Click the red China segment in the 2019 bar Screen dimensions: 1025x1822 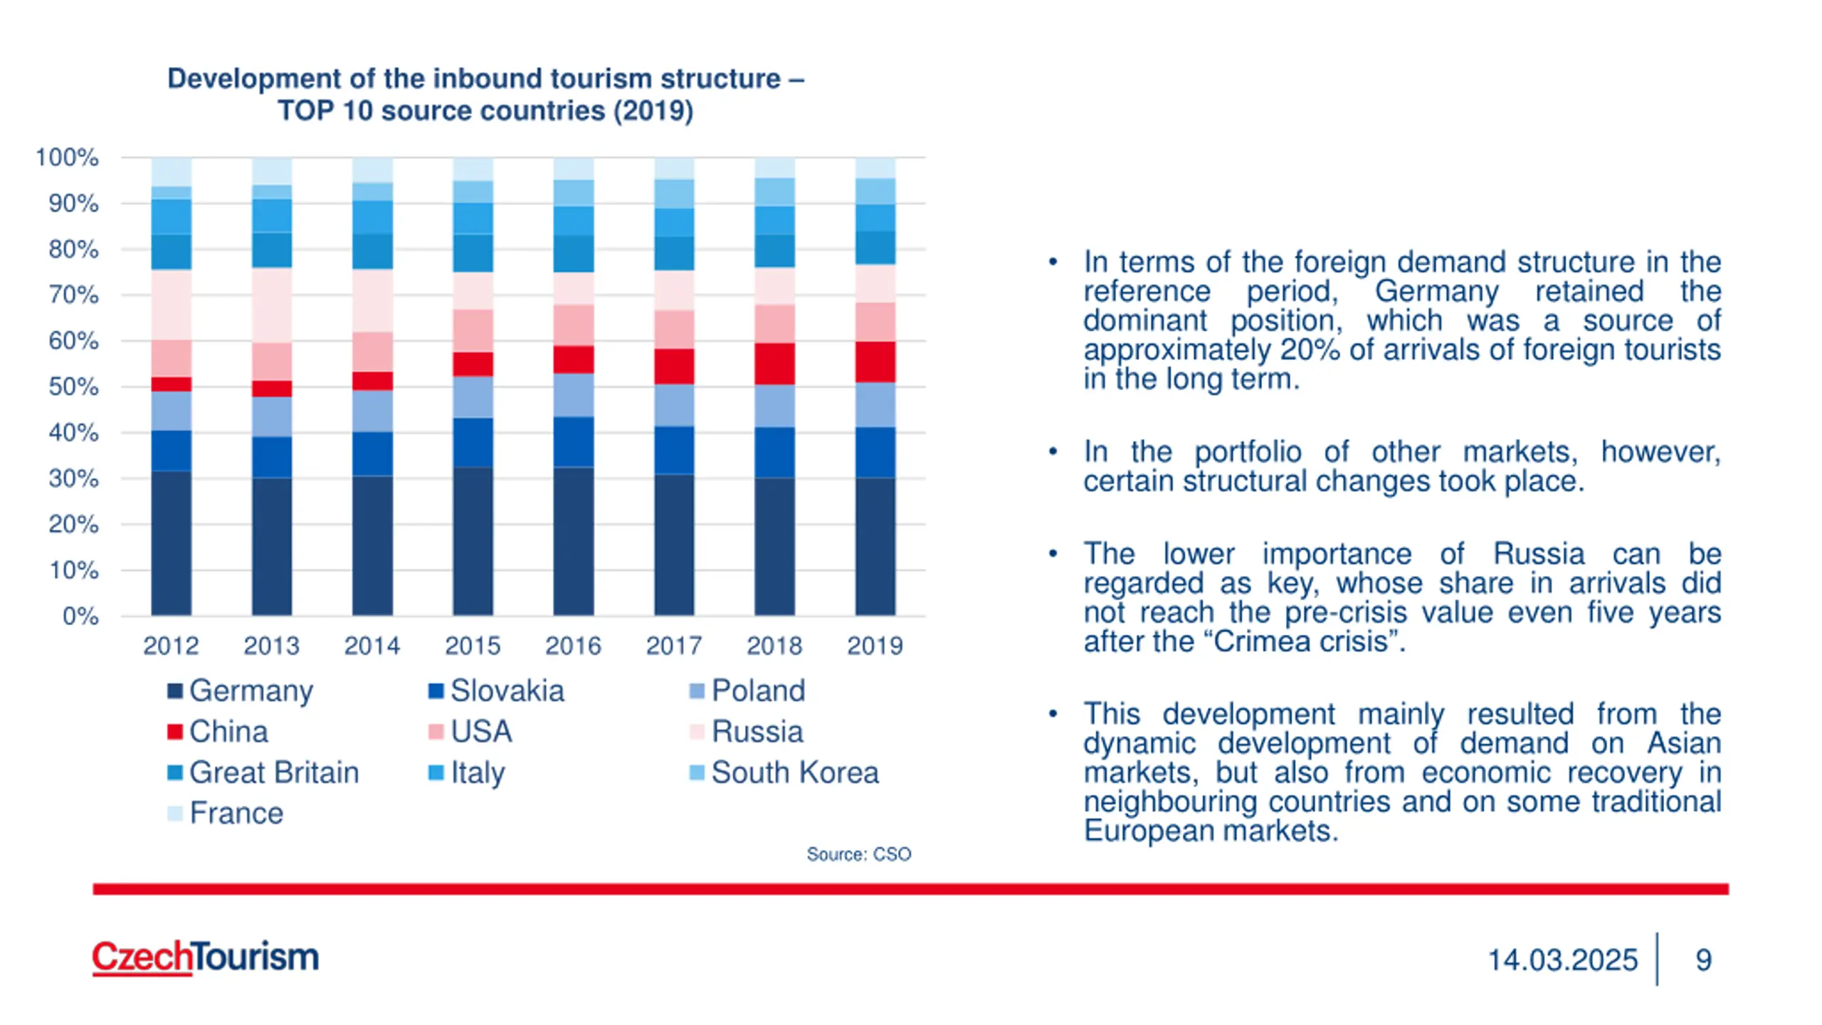click(875, 362)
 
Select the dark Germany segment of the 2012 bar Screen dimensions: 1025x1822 click(171, 542)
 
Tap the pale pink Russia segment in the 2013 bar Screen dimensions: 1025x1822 click(271, 305)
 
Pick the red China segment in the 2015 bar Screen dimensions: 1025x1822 click(473, 364)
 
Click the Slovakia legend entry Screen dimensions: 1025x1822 click(496, 690)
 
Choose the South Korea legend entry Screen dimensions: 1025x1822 click(784, 772)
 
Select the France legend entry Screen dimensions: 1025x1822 click(226, 813)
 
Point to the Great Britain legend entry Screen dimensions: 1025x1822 click(263, 772)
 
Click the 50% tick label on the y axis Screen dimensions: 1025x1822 click(73, 387)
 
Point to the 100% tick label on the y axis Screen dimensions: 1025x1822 click(67, 157)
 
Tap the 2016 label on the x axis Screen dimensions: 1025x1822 click(573, 646)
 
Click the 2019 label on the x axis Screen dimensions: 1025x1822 click(875, 646)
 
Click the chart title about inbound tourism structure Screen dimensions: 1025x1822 click(485, 95)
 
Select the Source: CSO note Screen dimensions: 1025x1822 click(858, 854)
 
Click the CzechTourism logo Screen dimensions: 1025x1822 click(206, 957)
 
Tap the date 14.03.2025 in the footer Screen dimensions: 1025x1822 click(1562, 960)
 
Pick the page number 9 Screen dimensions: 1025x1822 click(1703, 960)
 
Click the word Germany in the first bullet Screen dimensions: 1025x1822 click(1436, 291)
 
